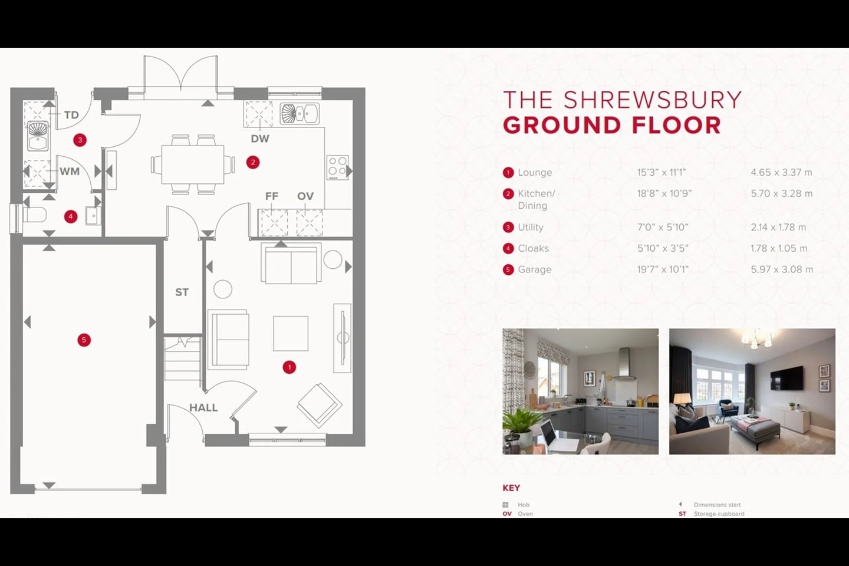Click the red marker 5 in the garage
pyautogui.click(x=84, y=340)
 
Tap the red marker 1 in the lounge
pyautogui.click(x=289, y=367)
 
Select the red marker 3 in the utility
pyautogui.click(x=80, y=140)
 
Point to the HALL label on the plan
pyautogui.click(x=203, y=407)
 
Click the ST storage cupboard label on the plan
pyautogui.click(x=182, y=292)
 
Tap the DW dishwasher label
pyautogui.click(x=259, y=139)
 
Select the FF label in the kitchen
pyautogui.click(x=271, y=196)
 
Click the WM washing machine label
pyautogui.click(x=70, y=172)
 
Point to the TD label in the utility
pyautogui.click(x=71, y=115)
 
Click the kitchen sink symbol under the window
pyautogui.click(x=300, y=114)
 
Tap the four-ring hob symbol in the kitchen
pyautogui.click(x=337, y=167)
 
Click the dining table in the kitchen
pyautogui.click(x=192, y=164)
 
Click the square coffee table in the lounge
pyautogui.click(x=290, y=333)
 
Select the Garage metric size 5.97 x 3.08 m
pyautogui.click(x=781, y=269)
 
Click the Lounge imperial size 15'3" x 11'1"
pyautogui.click(x=661, y=173)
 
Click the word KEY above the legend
pyautogui.click(x=511, y=488)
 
